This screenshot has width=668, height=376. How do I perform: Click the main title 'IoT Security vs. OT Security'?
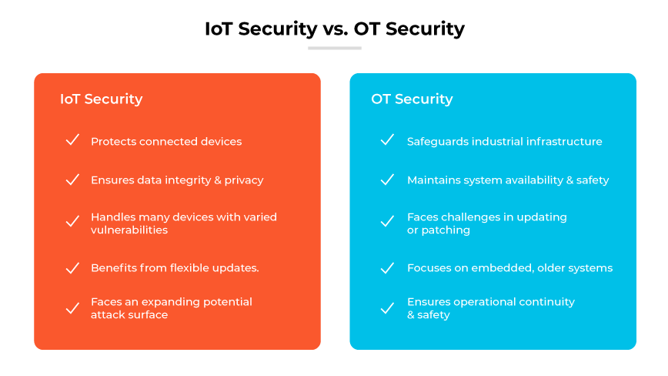tap(334, 29)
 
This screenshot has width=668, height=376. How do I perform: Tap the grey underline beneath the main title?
tap(334, 48)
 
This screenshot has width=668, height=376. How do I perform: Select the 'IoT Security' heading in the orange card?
tap(101, 99)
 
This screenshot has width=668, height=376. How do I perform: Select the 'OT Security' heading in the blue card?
tap(412, 99)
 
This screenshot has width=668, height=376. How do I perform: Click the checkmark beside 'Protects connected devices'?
tap(72, 141)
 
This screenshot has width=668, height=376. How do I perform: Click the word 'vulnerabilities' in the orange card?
tap(129, 230)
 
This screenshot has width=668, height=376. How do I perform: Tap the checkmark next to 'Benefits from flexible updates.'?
tap(72, 268)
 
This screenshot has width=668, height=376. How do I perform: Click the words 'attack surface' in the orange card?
tap(129, 314)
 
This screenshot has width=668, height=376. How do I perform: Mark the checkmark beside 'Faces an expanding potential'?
tap(72, 308)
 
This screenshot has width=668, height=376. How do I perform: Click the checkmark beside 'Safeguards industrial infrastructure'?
tap(388, 141)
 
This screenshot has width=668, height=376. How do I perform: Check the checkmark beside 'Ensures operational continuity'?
tap(388, 308)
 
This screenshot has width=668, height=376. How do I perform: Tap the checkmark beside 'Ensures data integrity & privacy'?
tap(72, 180)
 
